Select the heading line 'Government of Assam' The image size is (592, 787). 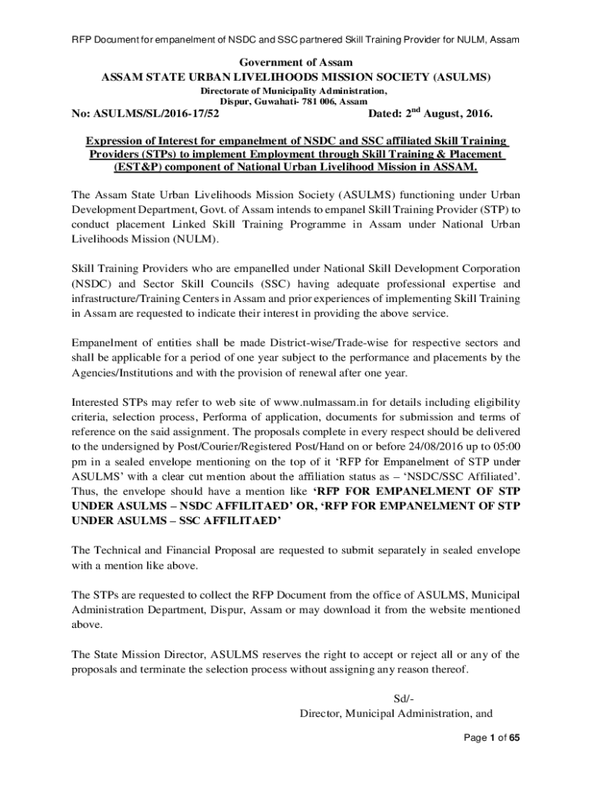[296, 62]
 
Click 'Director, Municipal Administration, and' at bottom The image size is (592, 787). [395, 713]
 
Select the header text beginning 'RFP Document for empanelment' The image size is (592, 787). [296, 38]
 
